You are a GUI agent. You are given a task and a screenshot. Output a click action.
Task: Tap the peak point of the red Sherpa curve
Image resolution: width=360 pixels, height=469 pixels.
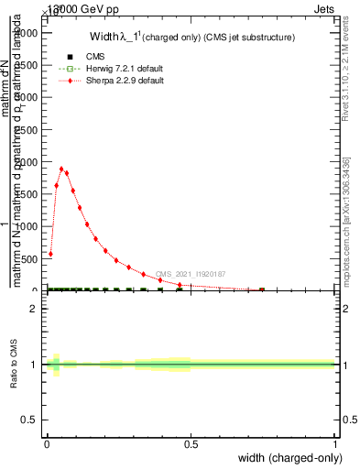point(61,169)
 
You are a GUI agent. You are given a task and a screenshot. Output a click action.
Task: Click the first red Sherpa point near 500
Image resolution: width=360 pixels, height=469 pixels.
point(50,254)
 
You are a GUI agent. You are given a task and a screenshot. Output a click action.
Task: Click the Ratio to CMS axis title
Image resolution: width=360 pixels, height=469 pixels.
point(14,365)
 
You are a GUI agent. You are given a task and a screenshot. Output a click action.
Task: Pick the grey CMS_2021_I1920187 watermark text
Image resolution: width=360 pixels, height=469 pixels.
point(190,274)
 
